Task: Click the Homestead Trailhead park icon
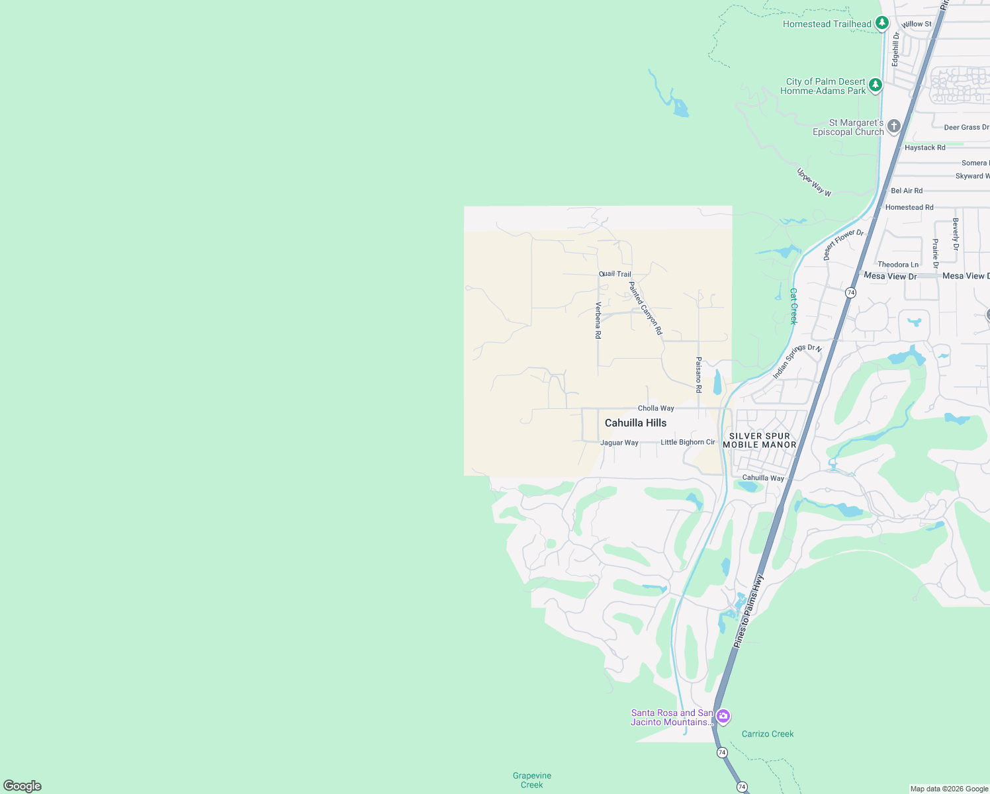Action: [881, 23]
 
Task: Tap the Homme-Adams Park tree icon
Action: [876, 85]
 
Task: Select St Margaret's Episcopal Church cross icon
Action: [894, 126]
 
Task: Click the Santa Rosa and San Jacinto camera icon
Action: [723, 717]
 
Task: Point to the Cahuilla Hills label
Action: [635, 423]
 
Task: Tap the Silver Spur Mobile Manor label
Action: [760, 440]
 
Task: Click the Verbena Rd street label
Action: [598, 320]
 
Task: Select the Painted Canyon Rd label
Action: [645, 308]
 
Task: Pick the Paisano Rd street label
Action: [699, 375]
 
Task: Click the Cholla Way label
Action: [656, 408]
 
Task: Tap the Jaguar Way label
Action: [619, 443]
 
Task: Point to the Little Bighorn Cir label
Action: [688, 442]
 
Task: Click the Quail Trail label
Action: [615, 274]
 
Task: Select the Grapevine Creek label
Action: [532, 780]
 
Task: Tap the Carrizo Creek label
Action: [768, 734]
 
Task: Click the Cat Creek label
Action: [793, 306]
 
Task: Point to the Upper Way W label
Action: [814, 183]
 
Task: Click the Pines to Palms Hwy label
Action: [748, 611]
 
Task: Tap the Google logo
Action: [22, 786]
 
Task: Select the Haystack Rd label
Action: [924, 148]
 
